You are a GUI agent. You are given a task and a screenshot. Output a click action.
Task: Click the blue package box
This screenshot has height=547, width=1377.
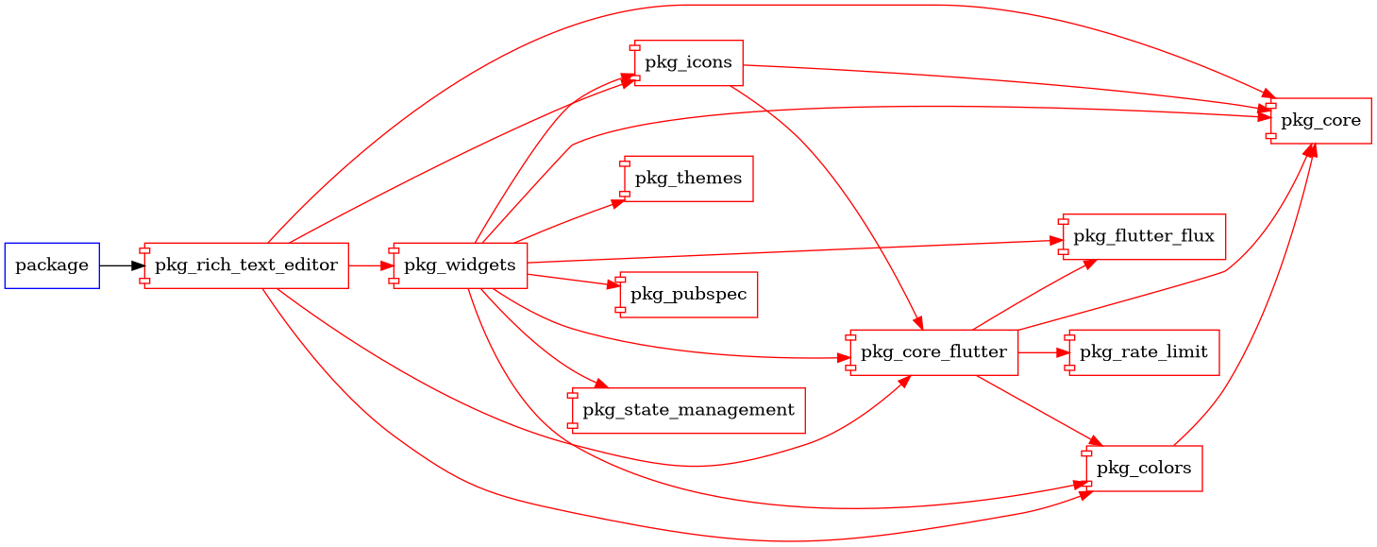coord(52,265)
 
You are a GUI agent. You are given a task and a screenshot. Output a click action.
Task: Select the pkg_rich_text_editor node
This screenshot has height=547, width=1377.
coord(246,265)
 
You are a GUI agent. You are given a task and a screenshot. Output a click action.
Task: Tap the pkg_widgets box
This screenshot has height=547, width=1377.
coord(460,265)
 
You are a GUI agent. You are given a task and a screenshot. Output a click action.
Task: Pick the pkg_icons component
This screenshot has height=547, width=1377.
coord(688,63)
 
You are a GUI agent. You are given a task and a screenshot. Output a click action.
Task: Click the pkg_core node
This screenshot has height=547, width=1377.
coord(1319,121)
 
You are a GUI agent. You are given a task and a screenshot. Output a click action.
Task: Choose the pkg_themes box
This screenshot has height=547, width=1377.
coord(688,179)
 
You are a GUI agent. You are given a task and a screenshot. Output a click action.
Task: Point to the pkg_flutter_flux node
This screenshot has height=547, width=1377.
coord(1143,236)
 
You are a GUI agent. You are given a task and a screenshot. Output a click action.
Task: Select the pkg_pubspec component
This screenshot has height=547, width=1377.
coord(688,295)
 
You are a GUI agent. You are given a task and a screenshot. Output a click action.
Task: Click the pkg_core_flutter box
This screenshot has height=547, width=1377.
coord(933,352)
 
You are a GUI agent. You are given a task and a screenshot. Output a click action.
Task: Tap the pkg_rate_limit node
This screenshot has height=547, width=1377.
coord(1143,352)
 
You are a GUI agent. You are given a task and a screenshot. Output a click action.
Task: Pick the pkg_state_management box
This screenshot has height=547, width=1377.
coord(688,410)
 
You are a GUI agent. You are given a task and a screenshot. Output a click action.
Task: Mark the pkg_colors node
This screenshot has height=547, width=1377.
coord(1143,469)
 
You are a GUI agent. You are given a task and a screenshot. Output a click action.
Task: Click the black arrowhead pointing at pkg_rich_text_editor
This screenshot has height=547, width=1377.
coord(138,265)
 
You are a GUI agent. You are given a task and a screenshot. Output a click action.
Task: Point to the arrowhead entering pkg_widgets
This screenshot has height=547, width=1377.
coord(387,265)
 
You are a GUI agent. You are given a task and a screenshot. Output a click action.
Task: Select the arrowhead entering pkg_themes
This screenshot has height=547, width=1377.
coord(615,200)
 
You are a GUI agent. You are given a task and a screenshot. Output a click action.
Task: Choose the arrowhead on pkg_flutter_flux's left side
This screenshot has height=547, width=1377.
coord(1055,241)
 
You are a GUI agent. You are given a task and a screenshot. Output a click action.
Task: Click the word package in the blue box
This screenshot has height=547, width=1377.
coord(52,265)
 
